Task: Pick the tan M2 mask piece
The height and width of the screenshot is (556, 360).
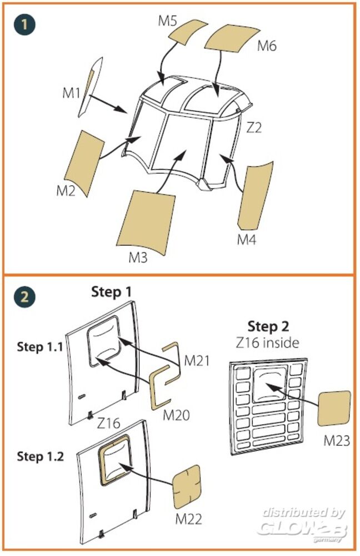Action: [84, 162]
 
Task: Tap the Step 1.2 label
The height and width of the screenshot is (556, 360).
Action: [40, 456]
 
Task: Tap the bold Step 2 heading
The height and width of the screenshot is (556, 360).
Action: [268, 326]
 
